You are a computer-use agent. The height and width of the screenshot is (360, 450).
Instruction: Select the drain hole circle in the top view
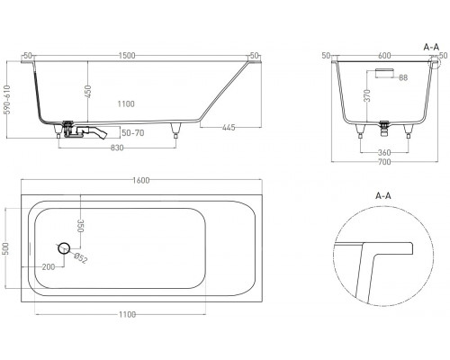(x=64, y=247)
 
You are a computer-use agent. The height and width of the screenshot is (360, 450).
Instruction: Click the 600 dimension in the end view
(x=383, y=55)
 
